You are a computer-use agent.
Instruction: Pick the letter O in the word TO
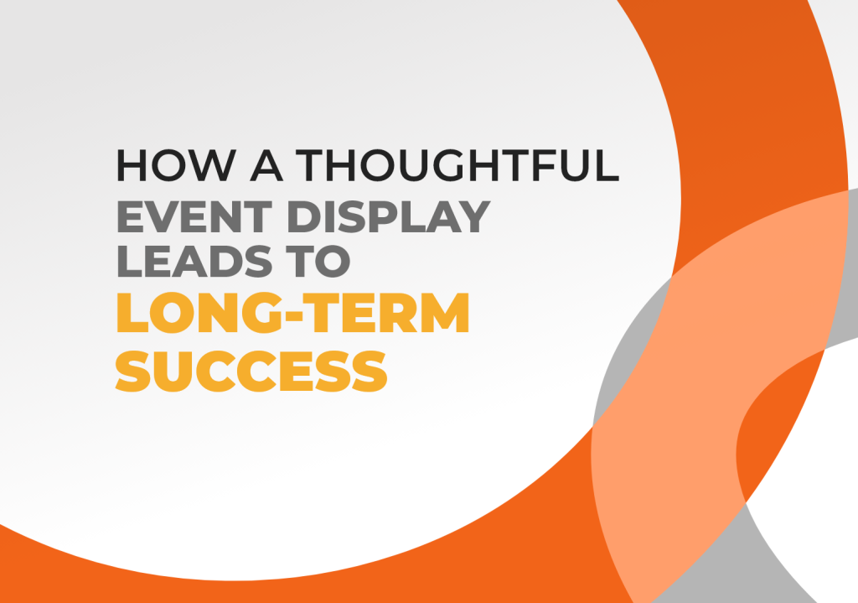pyautogui.click(x=333, y=262)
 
